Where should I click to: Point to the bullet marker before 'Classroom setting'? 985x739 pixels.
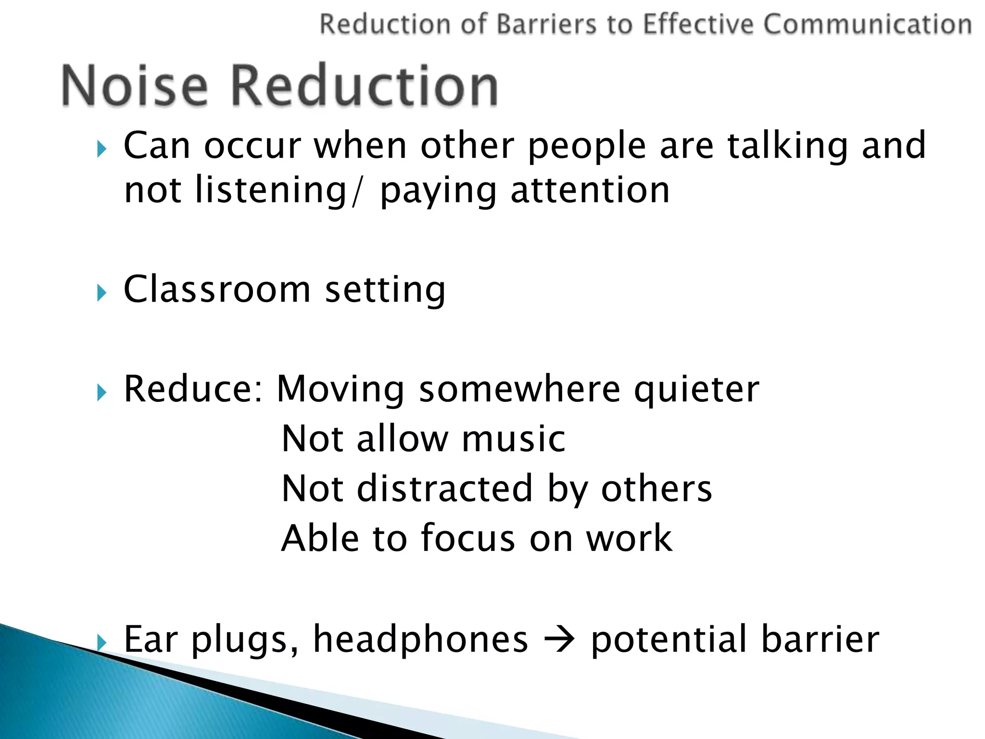click(x=101, y=292)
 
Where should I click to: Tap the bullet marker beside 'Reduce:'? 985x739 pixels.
click(x=101, y=392)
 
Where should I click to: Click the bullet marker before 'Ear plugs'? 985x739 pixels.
click(x=101, y=641)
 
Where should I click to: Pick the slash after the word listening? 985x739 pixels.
click(x=355, y=191)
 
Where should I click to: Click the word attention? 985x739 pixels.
click(x=590, y=191)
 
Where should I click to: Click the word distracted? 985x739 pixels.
click(x=445, y=488)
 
